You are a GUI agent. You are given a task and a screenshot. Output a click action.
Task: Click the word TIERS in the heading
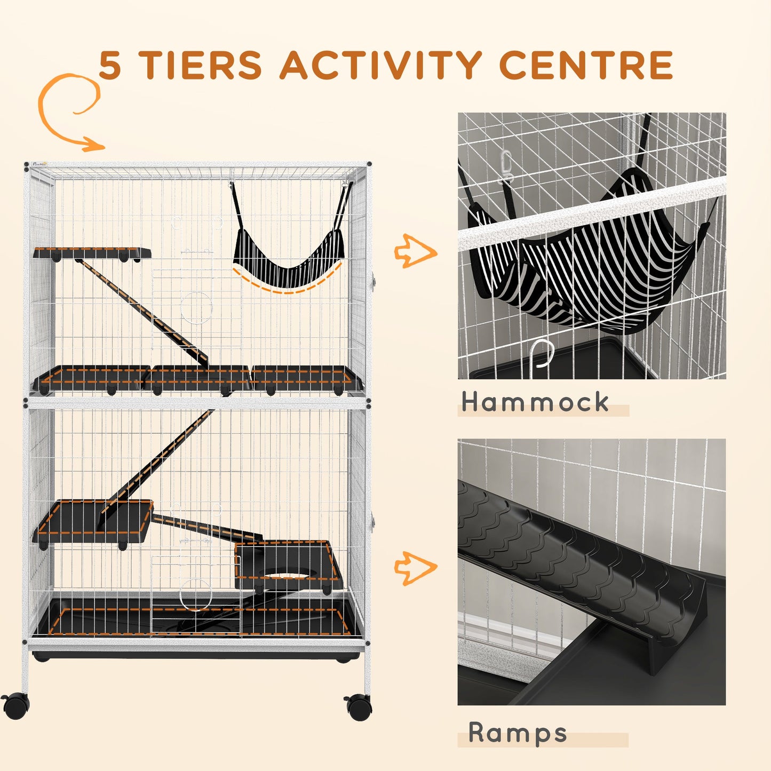[201, 66]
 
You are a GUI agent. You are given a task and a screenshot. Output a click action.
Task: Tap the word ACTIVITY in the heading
[381, 66]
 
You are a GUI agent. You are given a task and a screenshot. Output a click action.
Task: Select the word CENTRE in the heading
[585, 66]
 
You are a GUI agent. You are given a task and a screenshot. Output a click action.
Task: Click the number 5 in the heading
[110, 66]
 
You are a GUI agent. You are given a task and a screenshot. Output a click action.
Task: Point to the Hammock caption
[535, 402]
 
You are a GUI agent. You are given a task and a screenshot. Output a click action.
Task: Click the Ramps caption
[518, 733]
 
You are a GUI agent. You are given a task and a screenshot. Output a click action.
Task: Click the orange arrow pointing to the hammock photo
[415, 250]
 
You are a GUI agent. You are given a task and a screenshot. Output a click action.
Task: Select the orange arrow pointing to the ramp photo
[415, 569]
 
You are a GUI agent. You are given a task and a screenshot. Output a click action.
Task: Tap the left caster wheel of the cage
[15, 705]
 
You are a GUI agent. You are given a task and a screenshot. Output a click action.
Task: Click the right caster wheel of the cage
[359, 706]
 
